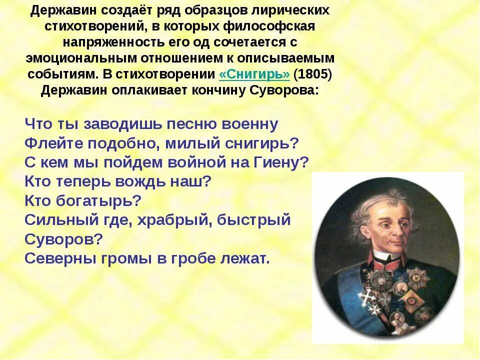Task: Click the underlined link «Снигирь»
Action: [254, 74]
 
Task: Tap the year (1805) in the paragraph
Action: [312, 74]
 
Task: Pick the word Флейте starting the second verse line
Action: [53, 143]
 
